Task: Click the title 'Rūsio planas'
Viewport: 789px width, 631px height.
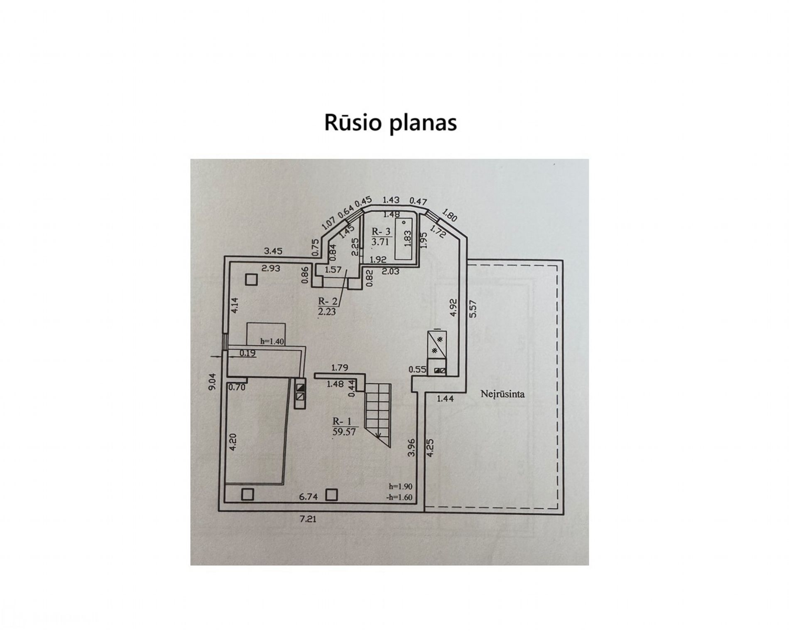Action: (390, 123)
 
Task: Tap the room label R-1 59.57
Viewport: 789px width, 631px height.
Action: (344, 427)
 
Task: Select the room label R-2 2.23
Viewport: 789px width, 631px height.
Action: (327, 306)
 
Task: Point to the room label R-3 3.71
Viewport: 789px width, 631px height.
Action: (380, 237)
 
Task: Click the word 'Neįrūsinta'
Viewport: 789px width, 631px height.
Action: (502, 394)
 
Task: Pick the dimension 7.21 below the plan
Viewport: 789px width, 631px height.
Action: (308, 519)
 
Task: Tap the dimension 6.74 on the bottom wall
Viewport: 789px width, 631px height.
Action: (308, 496)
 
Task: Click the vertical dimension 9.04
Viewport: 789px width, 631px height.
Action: (212, 381)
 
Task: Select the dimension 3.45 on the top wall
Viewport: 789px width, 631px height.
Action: (273, 251)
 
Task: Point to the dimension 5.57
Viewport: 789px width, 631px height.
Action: (473, 308)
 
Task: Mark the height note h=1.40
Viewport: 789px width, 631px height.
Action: (272, 341)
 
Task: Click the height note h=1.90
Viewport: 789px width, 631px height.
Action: (401, 486)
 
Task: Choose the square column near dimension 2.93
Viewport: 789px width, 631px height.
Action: (251, 280)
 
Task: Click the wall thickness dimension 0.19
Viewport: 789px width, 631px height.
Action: (248, 353)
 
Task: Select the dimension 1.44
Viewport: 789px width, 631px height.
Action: (445, 399)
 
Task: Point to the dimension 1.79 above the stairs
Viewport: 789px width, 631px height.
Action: (339, 367)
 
